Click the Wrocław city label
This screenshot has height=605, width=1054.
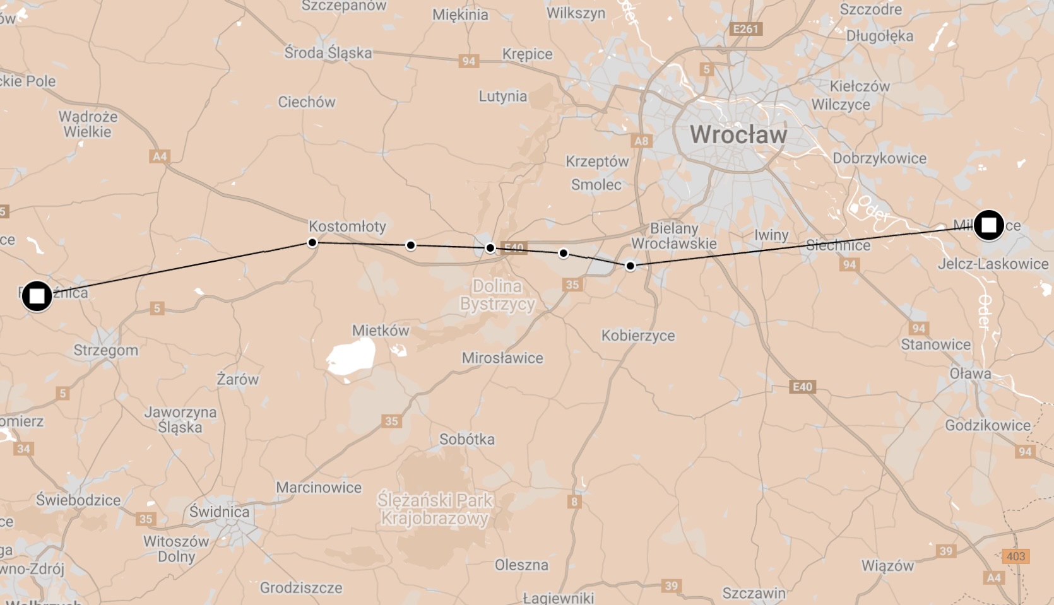click(738, 134)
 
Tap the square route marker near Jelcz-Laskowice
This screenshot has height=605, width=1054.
click(988, 225)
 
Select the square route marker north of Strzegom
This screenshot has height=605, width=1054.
click(37, 296)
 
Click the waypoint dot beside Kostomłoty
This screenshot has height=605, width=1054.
click(312, 242)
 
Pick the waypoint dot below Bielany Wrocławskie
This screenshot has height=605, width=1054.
click(630, 266)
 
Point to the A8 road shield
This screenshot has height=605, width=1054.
click(641, 141)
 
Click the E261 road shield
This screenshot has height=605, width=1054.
click(745, 29)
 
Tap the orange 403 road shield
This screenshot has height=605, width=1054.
click(1016, 556)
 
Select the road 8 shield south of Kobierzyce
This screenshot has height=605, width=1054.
click(574, 502)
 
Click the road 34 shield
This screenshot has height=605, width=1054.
click(23, 449)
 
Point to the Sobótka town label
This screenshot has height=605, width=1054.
click(466, 439)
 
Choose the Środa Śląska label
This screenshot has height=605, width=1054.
click(328, 52)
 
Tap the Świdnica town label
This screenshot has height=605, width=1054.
click(219, 512)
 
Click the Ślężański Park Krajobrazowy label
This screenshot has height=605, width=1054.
click(435, 509)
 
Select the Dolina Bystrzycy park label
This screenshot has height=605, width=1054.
click(497, 295)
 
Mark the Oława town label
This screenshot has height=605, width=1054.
click(970, 373)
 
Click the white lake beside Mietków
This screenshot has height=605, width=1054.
click(350, 357)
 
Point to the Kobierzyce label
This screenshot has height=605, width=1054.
click(638, 336)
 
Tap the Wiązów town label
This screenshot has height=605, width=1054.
click(887, 565)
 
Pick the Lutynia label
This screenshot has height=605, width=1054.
click(502, 96)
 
